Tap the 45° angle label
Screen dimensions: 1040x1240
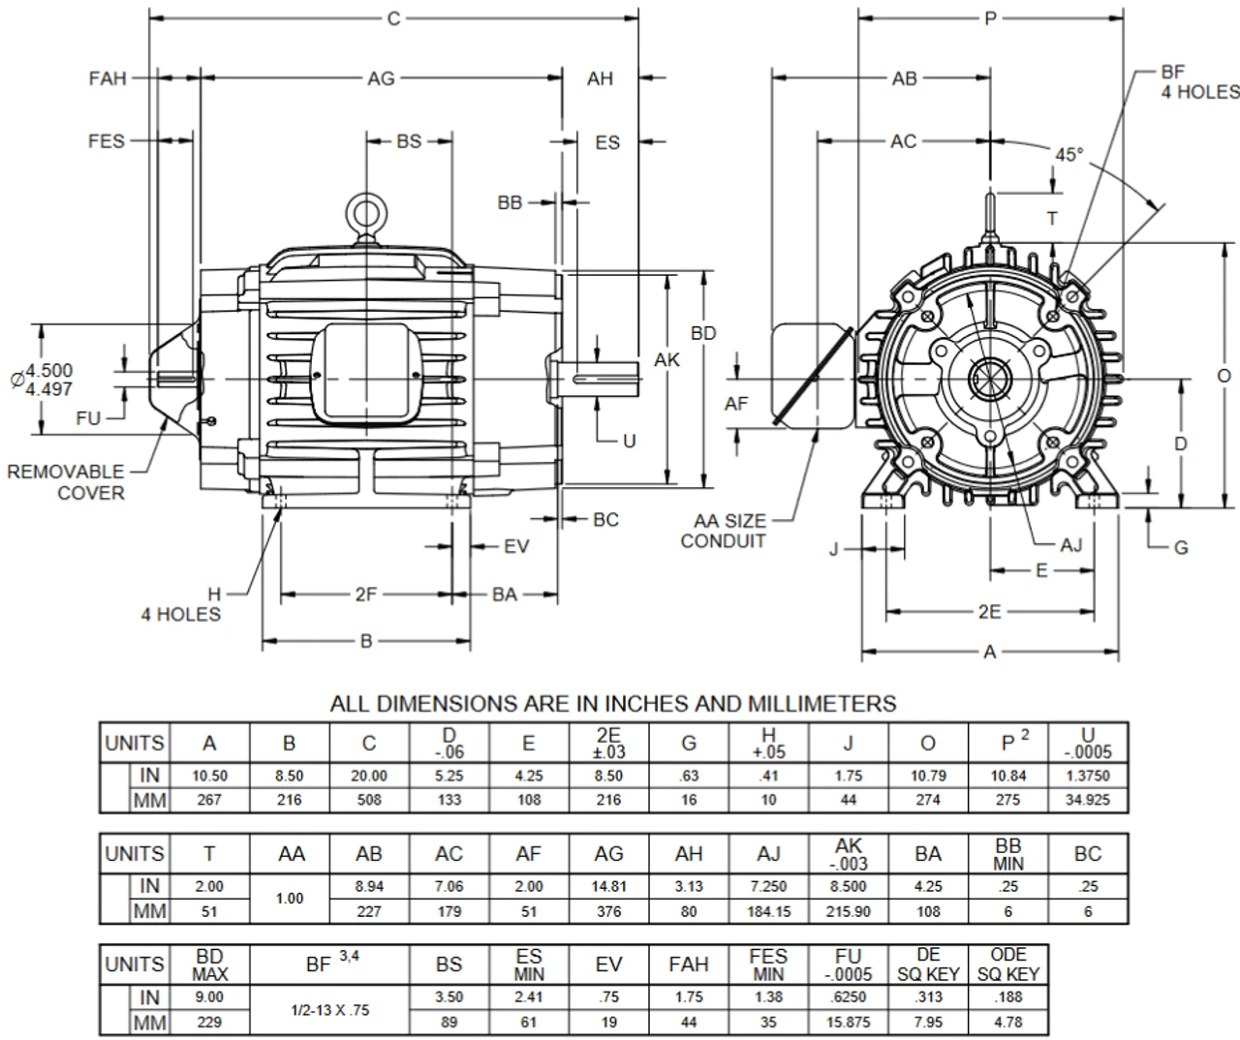pos(1069,156)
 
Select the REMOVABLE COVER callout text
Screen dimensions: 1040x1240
pos(66,482)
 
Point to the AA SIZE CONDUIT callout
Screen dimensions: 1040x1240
pos(723,532)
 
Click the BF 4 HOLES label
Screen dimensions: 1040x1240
pos(1199,82)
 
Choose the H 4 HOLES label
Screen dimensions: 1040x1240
pos(181,604)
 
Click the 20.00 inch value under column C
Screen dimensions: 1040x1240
pos(369,776)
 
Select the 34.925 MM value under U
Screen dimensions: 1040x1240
pos(1089,800)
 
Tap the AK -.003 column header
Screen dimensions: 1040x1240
pos(849,854)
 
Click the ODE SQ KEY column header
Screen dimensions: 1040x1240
pos(1008,964)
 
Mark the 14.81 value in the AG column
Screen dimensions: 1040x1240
pos(608,886)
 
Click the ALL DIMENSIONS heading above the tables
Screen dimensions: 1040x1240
pos(613,703)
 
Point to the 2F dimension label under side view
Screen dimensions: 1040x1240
pos(365,595)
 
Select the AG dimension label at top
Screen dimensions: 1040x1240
pos(381,78)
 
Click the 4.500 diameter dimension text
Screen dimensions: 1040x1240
pos(48,370)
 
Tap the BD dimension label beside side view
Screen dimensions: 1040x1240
pos(703,333)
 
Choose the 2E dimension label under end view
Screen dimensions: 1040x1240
pos(989,611)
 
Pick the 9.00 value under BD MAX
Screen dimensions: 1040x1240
pos(209,997)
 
